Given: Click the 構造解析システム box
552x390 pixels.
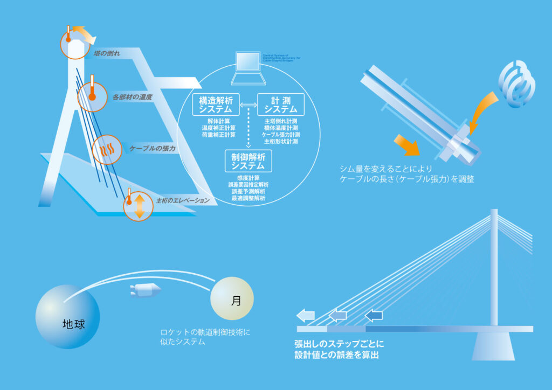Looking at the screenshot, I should tap(216, 104).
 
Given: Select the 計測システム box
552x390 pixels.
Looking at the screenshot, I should tap(281, 104).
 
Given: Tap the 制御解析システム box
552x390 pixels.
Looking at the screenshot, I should tap(249, 161).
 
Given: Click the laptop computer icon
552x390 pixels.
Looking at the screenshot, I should tap(248, 69).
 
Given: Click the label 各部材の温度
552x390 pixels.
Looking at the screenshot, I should tap(133, 97).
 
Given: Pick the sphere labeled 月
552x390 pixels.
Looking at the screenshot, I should tap(232, 301).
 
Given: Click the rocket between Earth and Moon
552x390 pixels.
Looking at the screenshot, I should tap(146, 291).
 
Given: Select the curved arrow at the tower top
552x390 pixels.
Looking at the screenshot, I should tap(85, 33).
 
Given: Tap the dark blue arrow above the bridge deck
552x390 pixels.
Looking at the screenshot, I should tap(374, 315).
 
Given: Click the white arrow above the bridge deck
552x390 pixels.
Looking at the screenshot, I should tap(306, 315).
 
